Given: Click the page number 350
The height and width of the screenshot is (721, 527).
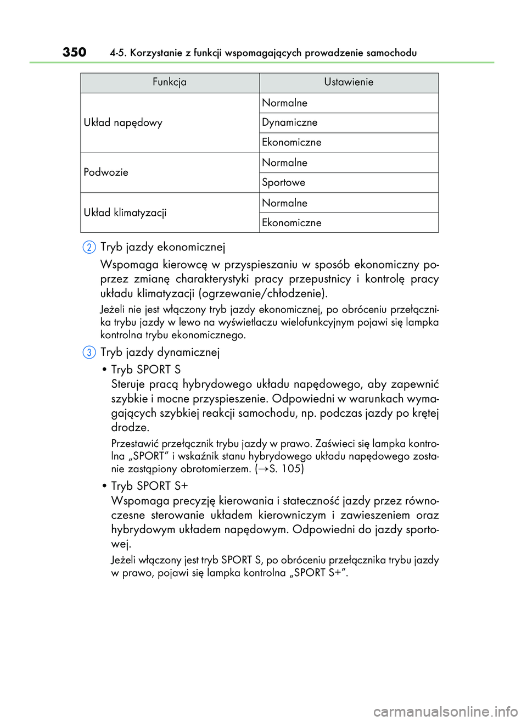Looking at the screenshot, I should (x=74, y=52).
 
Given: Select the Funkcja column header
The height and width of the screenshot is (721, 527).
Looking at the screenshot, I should (x=170, y=82).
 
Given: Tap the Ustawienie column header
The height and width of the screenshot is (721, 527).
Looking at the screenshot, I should (x=349, y=82).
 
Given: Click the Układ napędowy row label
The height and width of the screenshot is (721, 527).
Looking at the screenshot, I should (x=123, y=123).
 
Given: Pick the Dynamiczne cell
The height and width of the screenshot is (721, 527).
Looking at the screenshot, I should (x=289, y=122).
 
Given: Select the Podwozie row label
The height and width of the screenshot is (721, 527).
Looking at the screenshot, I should (x=106, y=172).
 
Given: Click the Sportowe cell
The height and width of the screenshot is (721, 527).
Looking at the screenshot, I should (x=283, y=182).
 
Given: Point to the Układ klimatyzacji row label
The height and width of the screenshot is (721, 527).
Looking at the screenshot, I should (x=125, y=213).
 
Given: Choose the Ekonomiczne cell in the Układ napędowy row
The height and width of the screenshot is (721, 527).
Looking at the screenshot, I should (x=291, y=142).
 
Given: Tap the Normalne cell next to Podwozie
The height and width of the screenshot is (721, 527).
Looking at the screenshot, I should (x=284, y=163).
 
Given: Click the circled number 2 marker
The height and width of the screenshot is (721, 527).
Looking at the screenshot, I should (x=89, y=247).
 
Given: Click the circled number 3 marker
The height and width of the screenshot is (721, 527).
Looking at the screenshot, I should (x=89, y=353).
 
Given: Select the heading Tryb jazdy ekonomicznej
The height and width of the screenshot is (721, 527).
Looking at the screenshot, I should (x=162, y=247).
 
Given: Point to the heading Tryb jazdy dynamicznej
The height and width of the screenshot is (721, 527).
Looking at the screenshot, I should (x=160, y=353).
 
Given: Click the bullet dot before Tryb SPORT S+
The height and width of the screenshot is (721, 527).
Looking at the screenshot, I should (x=104, y=487).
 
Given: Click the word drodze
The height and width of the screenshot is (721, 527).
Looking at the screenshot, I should (x=130, y=427).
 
